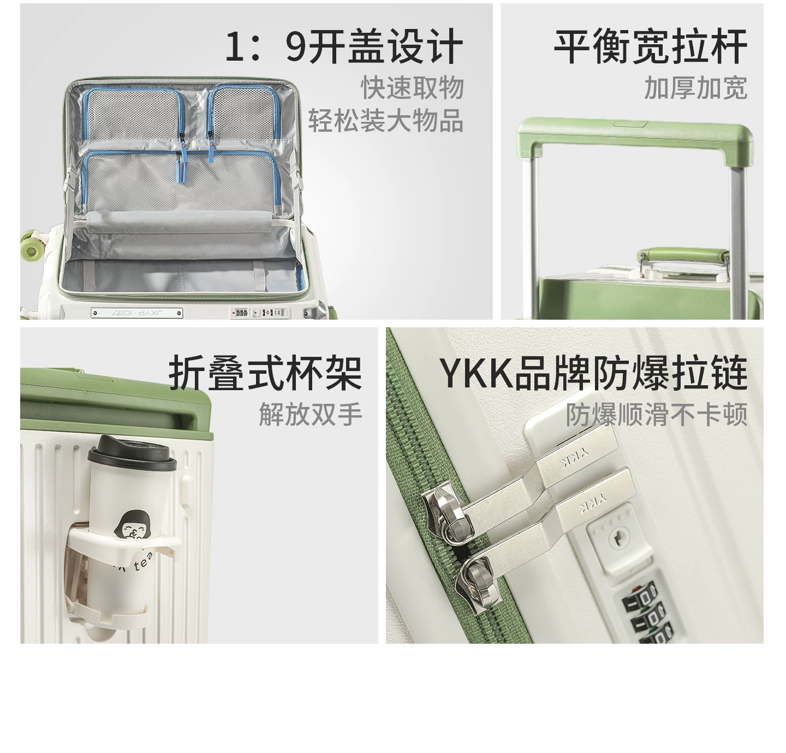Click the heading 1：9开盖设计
point(343,46)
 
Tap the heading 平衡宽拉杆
point(651,46)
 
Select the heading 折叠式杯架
point(265,373)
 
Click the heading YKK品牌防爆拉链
point(593,373)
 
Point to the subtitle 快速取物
point(412,87)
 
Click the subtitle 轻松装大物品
point(386,121)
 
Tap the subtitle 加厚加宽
point(696,87)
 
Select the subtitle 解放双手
point(311,414)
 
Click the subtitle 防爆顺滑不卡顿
point(657,414)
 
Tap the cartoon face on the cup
point(130,525)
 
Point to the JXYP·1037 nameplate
point(137,313)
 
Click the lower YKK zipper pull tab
point(546,537)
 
